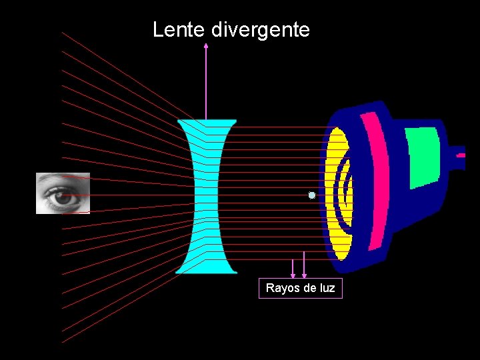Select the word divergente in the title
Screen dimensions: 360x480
[x=261, y=30]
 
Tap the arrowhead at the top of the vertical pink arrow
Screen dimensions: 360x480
[x=206, y=47]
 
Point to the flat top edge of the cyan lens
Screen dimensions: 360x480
[x=207, y=121]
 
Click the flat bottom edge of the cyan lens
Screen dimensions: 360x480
[x=206, y=271]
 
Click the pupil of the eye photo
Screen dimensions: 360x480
[x=63, y=197]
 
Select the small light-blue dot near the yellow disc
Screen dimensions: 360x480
[x=311, y=195]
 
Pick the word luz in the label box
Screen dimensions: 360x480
[x=326, y=288]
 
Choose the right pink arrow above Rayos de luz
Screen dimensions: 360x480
[x=305, y=265]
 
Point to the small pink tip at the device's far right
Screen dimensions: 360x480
[x=460, y=154]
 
